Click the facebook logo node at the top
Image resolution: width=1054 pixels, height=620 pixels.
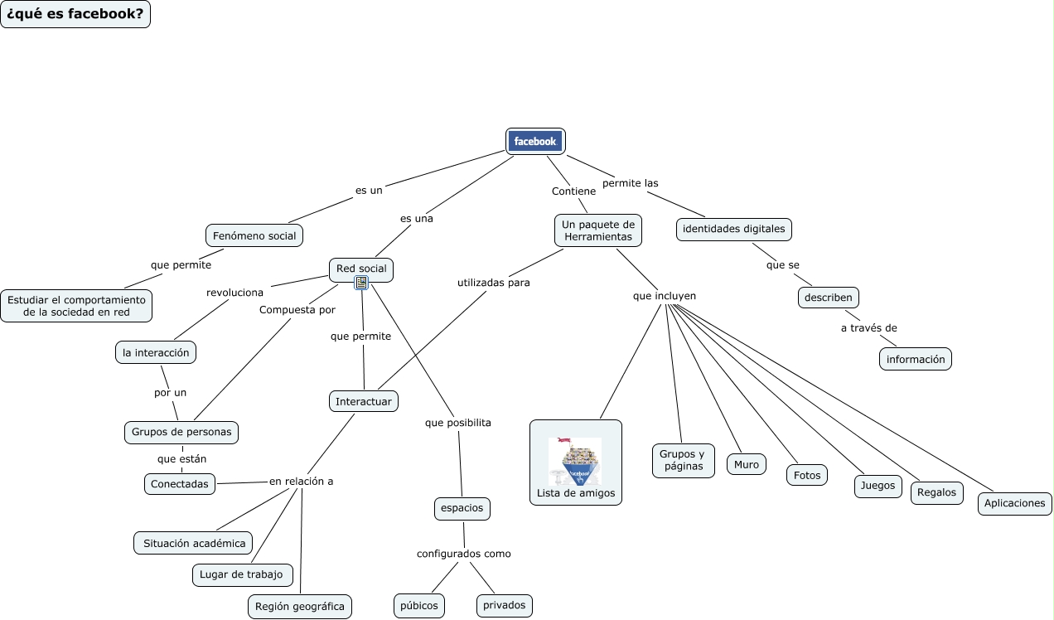(x=535, y=141)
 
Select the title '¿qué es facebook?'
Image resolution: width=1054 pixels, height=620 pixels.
(x=75, y=14)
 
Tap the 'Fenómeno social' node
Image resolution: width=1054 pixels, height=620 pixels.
(x=254, y=235)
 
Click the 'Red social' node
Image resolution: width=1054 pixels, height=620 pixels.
(x=361, y=269)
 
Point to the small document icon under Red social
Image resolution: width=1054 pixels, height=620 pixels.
(x=361, y=283)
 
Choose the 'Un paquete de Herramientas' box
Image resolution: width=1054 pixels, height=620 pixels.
(x=597, y=230)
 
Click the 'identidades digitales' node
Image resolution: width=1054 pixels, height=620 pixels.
(x=734, y=229)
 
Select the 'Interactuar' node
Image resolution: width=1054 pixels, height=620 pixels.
(x=363, y=401)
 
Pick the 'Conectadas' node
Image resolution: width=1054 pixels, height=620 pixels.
(x=180, y=483)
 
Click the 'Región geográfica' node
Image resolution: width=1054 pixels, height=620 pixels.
(x=299, y=606)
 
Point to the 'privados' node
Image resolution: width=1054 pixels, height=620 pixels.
(x=504, y=605)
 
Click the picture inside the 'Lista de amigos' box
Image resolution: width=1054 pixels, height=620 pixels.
(x=575, y=461)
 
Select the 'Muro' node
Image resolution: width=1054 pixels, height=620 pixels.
(x=746, y=464)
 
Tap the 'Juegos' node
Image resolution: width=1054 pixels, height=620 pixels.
(x=878, y=486)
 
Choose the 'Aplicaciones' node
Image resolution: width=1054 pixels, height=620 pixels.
(x=1014, y=503)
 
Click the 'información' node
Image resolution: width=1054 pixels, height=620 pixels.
(x=915, y=359)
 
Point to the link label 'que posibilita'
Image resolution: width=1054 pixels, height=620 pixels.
(x=457, y=423)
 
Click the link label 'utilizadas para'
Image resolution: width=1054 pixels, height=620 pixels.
(x=493, y=283)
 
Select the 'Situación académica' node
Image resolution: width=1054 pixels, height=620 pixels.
(x=194, y=543)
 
